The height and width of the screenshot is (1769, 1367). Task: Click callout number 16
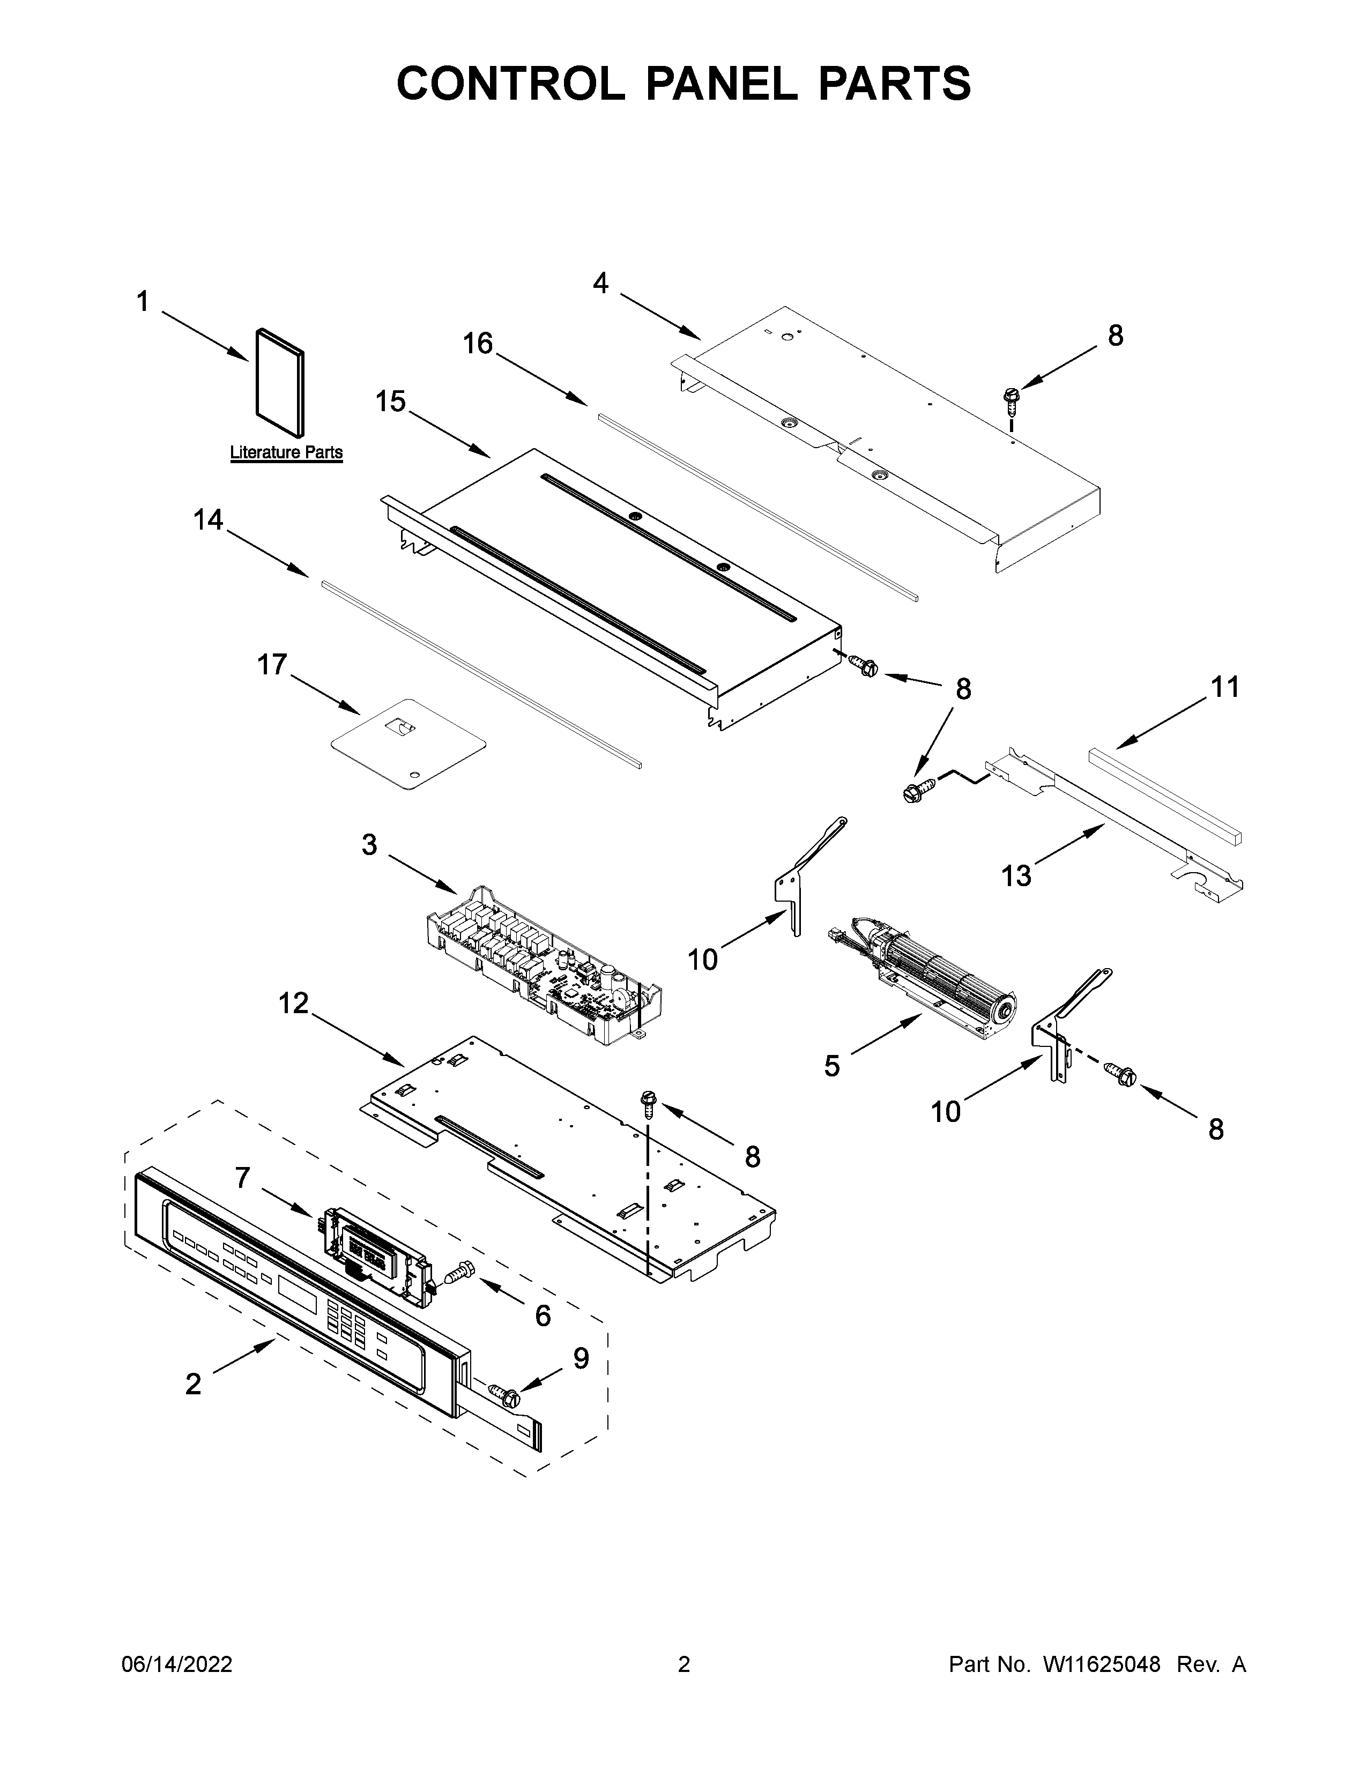click(478, 344)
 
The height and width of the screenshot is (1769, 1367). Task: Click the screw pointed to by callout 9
click(509, 1397)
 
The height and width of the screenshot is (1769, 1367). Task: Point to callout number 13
click(1016, 875)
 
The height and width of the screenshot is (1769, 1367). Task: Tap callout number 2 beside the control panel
click(193, 1384)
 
